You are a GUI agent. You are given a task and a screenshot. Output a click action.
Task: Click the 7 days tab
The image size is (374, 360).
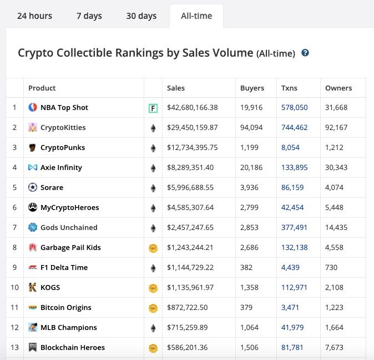coord(89,16)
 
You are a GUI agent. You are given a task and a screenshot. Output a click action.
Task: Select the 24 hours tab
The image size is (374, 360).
coord(34,16)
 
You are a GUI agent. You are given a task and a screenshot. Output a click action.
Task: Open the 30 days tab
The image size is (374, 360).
coord(141,16)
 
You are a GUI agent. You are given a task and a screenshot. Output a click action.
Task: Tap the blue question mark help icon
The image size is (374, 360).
coord(305,53)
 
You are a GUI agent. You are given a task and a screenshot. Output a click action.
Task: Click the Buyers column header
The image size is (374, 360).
coord(252,88)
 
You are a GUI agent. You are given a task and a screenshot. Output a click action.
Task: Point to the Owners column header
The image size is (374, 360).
coord(338,88)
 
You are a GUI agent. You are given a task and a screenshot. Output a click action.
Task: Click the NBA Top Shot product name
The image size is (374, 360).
coord(64,108)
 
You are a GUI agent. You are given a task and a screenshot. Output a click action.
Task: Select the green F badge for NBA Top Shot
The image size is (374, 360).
coord(153,108)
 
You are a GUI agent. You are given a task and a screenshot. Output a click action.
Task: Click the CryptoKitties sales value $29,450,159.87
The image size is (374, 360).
coord(192,127)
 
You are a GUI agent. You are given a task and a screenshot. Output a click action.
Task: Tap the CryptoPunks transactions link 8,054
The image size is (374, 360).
coord(290,148)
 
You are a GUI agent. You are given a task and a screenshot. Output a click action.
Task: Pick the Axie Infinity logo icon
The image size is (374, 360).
coord(33,167)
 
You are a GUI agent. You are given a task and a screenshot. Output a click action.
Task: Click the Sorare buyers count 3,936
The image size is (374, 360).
coord(249,187)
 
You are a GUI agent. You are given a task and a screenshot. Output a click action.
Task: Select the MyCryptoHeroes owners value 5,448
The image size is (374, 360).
coord(334,207)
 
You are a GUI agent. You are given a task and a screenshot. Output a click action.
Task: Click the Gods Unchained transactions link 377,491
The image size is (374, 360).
coord(294,228)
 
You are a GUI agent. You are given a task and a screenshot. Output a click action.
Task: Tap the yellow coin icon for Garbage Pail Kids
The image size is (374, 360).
coord(153,248)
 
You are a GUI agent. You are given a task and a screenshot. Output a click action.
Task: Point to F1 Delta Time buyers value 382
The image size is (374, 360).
coord(246,267)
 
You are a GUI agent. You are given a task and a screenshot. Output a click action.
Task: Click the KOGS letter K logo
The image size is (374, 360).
coord(33,287)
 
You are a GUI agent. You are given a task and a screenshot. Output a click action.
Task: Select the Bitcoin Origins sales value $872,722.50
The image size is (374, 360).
coord(187,307)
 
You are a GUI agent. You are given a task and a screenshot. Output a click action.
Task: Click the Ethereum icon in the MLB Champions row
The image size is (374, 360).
coord(153,328)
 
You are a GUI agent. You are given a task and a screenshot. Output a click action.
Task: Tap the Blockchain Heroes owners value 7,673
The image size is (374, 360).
coord(334,347)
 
